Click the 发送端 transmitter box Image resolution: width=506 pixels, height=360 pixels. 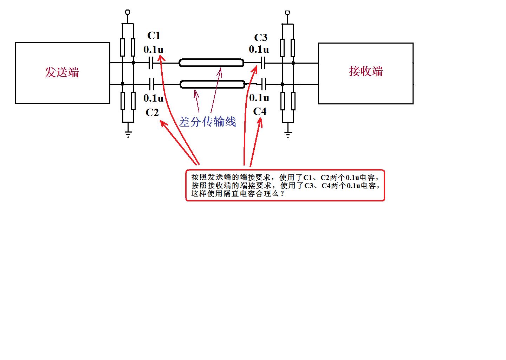point(62,73)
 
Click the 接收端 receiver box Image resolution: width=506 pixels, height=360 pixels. point(365,73)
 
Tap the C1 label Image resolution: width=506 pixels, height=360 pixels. point(154,36)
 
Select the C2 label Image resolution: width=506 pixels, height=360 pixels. point(152,112)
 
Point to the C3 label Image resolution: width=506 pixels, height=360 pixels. point(261,37)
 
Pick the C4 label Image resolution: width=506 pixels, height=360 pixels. point(260,111)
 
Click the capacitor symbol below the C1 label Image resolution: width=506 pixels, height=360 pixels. point(151,63)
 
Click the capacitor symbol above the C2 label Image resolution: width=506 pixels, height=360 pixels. point(151,84)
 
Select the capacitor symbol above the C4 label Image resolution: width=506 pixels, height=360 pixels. point(264,84)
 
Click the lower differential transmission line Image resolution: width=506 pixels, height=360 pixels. point(212,84)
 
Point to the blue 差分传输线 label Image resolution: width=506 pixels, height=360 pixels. point(207,122)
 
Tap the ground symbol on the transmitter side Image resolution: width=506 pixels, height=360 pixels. point(128,134)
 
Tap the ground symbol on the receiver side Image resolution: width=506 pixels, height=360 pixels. point(288,134)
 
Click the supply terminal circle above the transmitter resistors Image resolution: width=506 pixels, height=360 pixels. point(128,12)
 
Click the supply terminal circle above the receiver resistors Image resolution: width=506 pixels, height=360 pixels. point(287,12)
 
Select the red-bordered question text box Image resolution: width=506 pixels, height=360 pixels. point(285,185)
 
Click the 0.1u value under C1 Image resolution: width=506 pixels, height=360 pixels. point(153,50)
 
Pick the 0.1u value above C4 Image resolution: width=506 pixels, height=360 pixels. point(259,98)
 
